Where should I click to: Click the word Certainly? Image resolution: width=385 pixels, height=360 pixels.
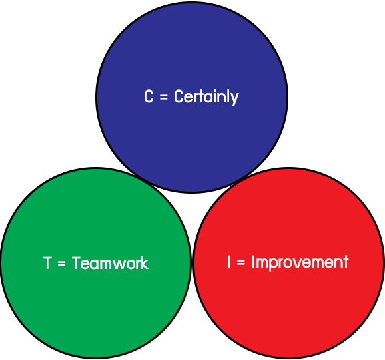coord(206,97)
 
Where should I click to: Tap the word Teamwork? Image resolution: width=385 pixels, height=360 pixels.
coord(111,263)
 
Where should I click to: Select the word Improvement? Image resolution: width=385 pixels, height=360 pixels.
coord(300,262)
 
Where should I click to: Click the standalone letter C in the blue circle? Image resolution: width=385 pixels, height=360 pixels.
coord(149,96)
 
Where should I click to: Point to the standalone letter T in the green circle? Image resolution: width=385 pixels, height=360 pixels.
coord(47,263)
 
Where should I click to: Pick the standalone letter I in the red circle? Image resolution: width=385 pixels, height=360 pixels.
coord(229,262)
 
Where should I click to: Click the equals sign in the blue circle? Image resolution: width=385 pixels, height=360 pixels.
coord(164,97)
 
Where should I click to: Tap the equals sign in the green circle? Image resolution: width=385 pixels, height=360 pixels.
coord(61,264)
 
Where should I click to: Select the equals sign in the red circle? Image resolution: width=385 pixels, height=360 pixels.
coord(241,262)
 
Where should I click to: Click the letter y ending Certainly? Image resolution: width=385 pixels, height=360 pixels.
coord(235,99)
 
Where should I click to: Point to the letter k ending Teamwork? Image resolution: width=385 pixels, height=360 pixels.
coord(145,263)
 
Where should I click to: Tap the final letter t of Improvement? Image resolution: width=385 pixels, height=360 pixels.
coord(346,262)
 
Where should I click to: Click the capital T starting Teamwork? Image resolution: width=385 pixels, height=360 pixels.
coord(76,263)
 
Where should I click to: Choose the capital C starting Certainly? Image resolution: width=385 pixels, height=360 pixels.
coord(179,96)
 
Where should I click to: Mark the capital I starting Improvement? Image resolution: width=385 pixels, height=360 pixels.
coord(254,262)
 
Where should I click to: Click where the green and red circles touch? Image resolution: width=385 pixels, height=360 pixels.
coord(192,263)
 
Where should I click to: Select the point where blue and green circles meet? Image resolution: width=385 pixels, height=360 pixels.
coord(143,180)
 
